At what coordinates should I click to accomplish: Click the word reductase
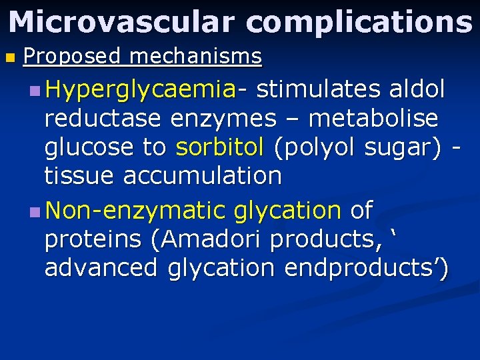[103, 119]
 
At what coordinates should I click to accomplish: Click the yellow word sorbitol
[220, 147]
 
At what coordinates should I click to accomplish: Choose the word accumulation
[203, 176]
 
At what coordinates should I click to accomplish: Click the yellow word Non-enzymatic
[137, 211]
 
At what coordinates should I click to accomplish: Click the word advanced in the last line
[101, 268]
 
